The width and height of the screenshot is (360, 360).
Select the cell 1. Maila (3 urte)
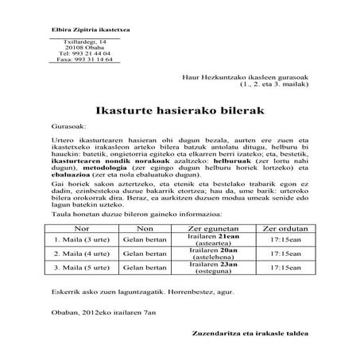[79, 238]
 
